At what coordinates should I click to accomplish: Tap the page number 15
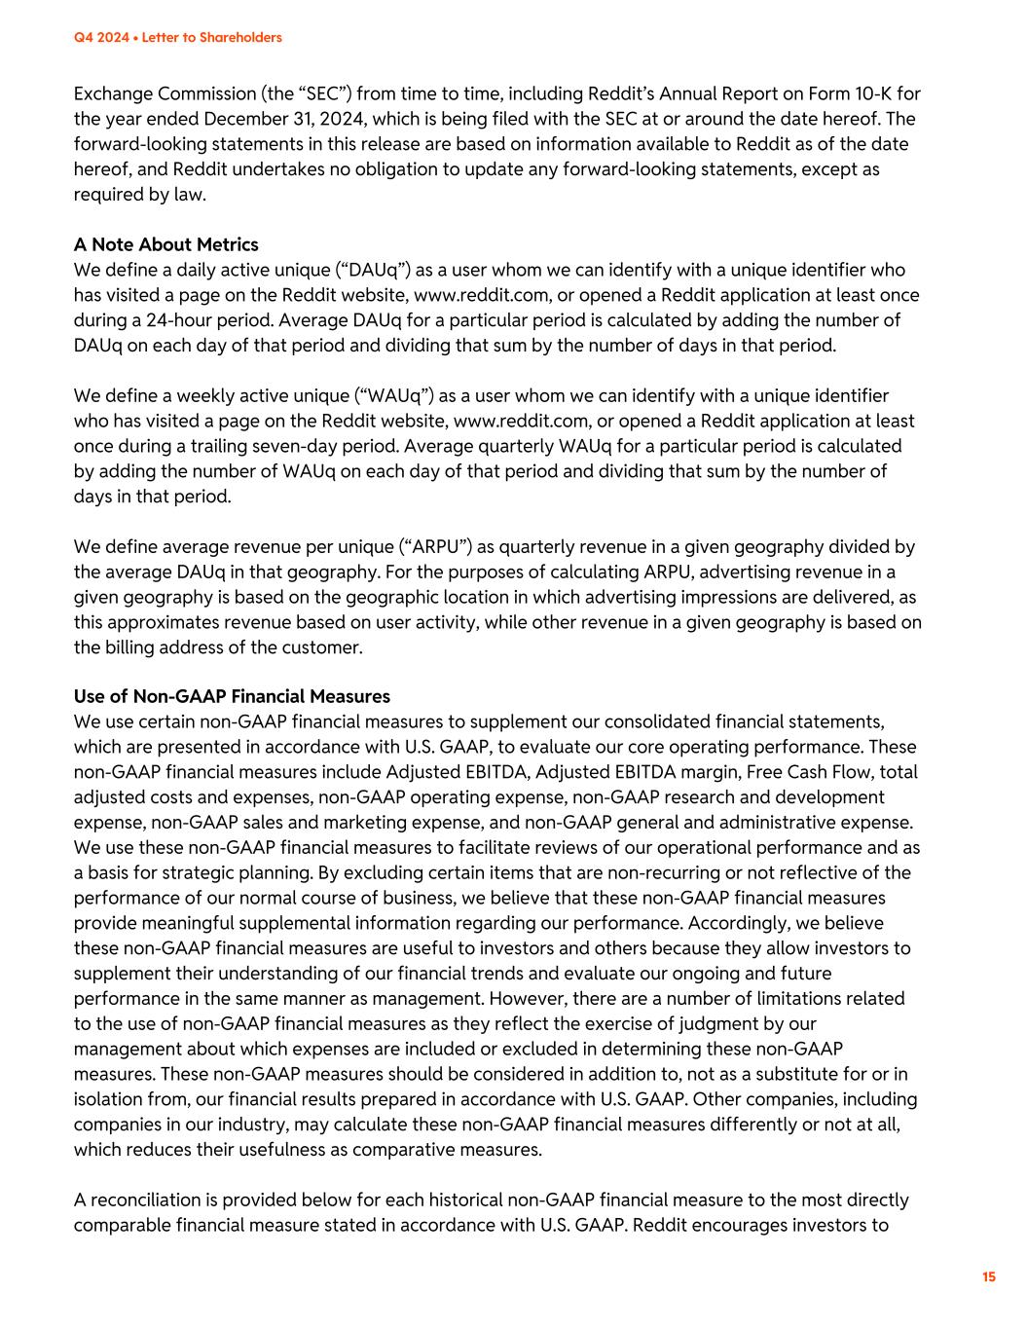point(989,1276)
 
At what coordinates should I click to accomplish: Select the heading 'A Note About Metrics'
point(166,244)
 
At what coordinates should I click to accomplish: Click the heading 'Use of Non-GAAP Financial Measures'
point(232,696)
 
